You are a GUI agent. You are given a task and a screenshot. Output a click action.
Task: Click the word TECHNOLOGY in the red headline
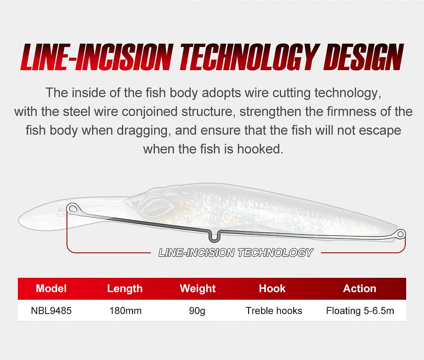point(248,57)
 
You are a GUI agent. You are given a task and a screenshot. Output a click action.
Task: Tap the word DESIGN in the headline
point(363,57)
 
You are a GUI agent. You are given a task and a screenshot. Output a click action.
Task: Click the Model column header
point(51,289)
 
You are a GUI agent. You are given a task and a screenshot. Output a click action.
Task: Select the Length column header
point(125,289)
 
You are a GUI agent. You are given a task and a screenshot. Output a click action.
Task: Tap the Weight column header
point(198,289)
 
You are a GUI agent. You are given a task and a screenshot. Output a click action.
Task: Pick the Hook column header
point(272,289)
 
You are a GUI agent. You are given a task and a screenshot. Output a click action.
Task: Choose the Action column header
point(360,289)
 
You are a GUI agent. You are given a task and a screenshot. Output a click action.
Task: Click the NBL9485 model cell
point(51,311)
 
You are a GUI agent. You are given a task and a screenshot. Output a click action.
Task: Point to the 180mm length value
point(125,311)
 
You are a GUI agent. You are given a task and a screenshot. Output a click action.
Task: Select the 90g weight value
point(197,311)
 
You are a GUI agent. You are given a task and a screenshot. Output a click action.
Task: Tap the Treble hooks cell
point(274,311)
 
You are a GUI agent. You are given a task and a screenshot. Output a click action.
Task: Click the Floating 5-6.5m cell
point(360,311)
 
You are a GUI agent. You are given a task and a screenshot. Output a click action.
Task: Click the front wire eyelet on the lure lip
point(72,209)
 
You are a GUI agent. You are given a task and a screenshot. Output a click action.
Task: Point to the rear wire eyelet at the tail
point(401,234)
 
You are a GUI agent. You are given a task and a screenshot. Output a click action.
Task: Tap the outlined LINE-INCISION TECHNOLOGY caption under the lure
point(236,253)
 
